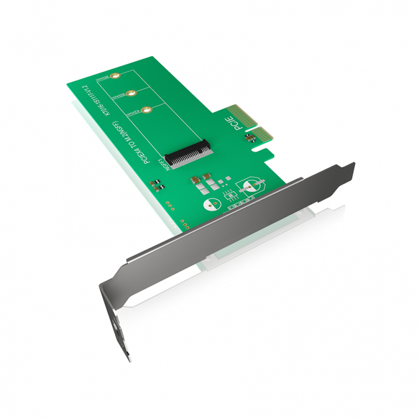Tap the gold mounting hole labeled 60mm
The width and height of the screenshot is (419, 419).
coord(130,93)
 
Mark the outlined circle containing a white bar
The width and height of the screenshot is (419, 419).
coord(250,186)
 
